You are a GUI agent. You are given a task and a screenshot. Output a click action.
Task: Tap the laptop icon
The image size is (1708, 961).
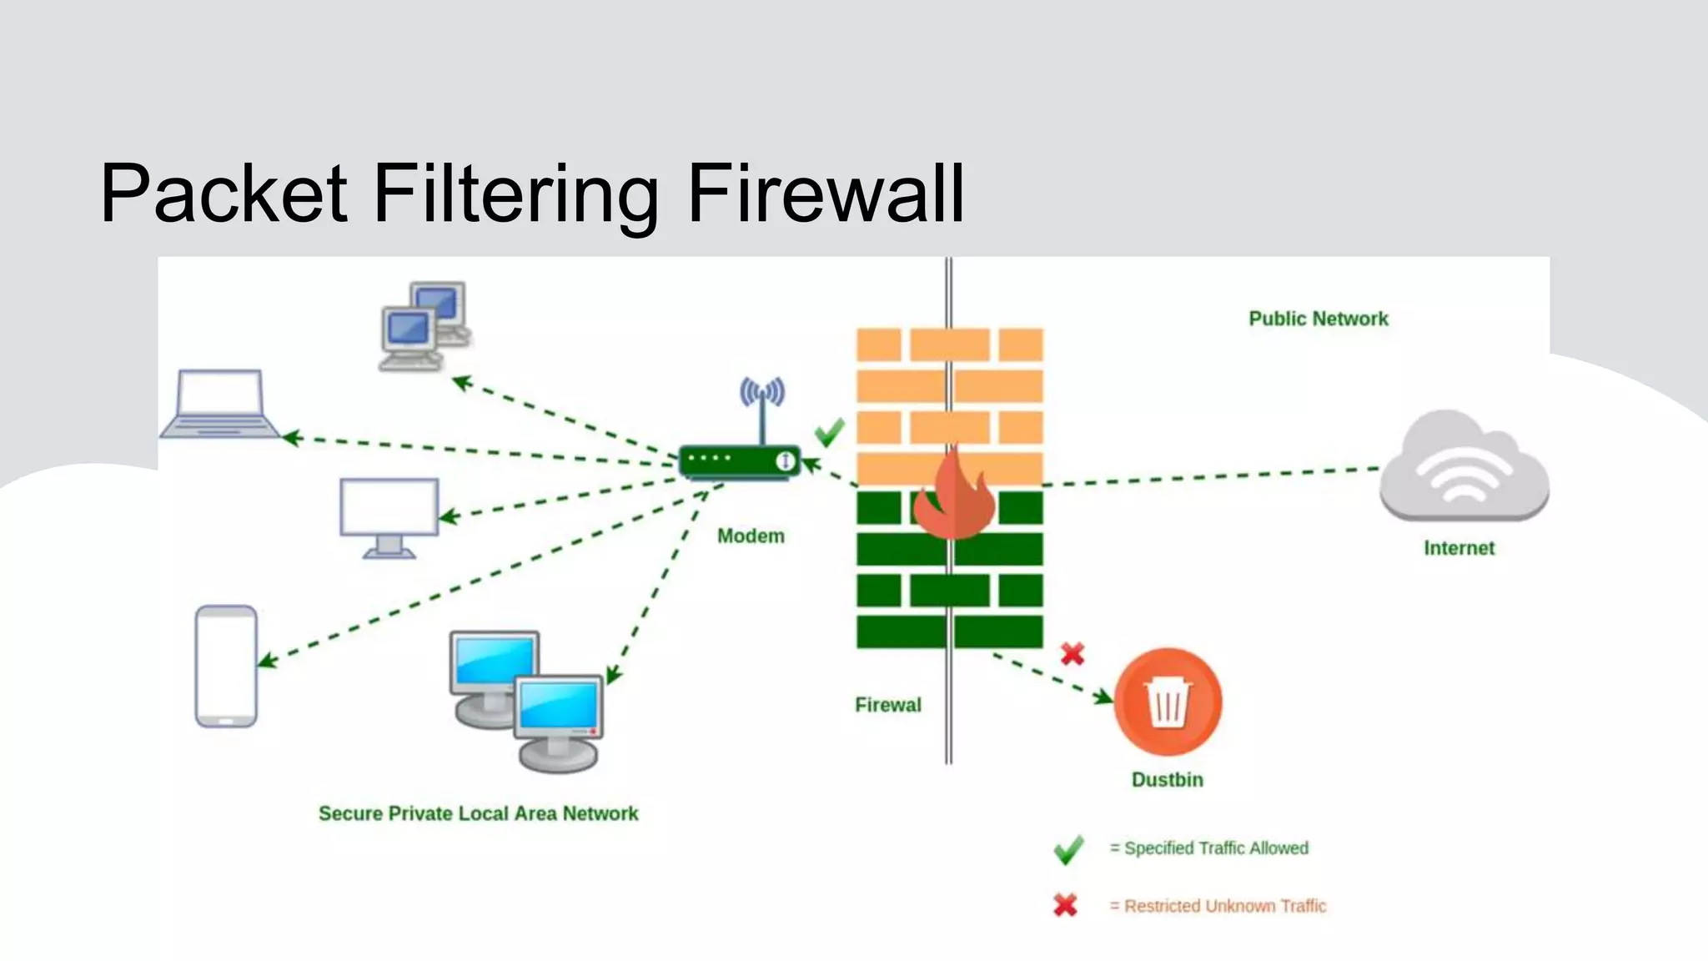pyautogui.click(x=220, y=404)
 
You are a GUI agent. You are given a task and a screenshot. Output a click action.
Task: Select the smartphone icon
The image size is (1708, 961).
pyautogui.click(x=226, y=666)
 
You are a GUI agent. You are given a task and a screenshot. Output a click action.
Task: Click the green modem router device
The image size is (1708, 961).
pyautogui.click(x=739, y=461)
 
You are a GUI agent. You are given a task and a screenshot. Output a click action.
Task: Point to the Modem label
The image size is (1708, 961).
pyautogui.click(x=751, y=536)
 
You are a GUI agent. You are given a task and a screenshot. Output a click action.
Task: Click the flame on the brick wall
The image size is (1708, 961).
pyautogui.click(x=954, y=497)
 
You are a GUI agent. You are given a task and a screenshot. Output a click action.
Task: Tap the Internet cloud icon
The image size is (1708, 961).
pyautogui.click(x=1464, y=467)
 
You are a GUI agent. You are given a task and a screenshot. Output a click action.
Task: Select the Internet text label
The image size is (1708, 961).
pyautogui.click(x=1459, y=548)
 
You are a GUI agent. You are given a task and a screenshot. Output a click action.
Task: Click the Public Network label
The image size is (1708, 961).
pyautogui.click(x=1318, y=319)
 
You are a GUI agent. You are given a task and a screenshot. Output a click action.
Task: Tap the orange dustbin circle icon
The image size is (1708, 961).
pyautogui.click(x=1168, y=702)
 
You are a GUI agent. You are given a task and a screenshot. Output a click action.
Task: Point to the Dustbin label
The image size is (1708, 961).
pyautogui.click(x=1167, y=780)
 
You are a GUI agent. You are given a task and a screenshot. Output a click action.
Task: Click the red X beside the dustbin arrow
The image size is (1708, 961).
pyautogui.click(x=1073, y=653)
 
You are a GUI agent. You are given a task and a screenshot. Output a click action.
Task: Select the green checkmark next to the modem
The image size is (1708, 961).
pyautogui.click(x=829, y=432)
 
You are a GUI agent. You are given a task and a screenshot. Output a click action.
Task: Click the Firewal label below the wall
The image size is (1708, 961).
pyautogui.click(x=887, y=705)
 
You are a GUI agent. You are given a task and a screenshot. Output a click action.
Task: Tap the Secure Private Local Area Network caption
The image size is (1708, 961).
pyautogui.click(x=478, y=813)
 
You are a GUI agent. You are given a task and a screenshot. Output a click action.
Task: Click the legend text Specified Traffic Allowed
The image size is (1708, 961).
pyautogui.click(x=1215, y=848)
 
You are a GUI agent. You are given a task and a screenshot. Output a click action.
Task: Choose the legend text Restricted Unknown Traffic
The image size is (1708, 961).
pyautogui.click(x=1224, y=906)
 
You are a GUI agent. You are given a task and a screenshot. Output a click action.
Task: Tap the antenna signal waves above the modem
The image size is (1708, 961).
pyautogui.click(x=762, y=391)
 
